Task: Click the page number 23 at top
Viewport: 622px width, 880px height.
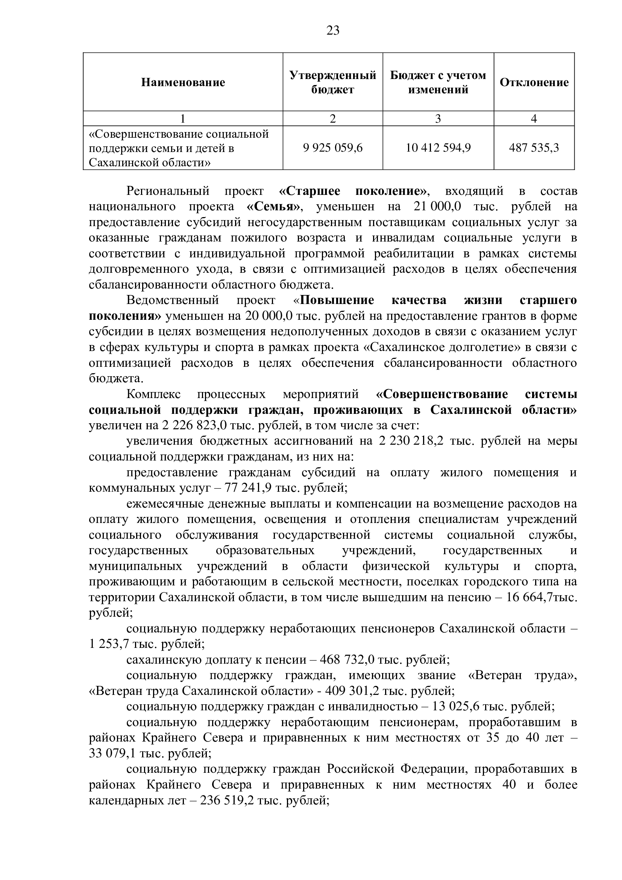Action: click(x=333, y=30)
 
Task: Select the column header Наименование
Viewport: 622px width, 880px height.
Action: click(x=183, y=82)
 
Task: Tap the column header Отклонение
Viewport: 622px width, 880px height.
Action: click(x=534, y=82)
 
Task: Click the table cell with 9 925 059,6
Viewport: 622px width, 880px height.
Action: click(x=332, y=148)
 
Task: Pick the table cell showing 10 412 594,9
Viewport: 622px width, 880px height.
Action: click(x=438, y=148)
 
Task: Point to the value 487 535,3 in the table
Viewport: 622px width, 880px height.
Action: click(x=534, y=148)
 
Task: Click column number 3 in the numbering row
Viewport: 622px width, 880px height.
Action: click(x=438, y=119)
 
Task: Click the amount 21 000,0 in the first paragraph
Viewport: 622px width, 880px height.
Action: click(x=437, y=207)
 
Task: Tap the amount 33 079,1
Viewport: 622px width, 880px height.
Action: click(x=112, y=754)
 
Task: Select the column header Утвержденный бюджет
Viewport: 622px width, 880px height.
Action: click(x=332, y=82)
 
